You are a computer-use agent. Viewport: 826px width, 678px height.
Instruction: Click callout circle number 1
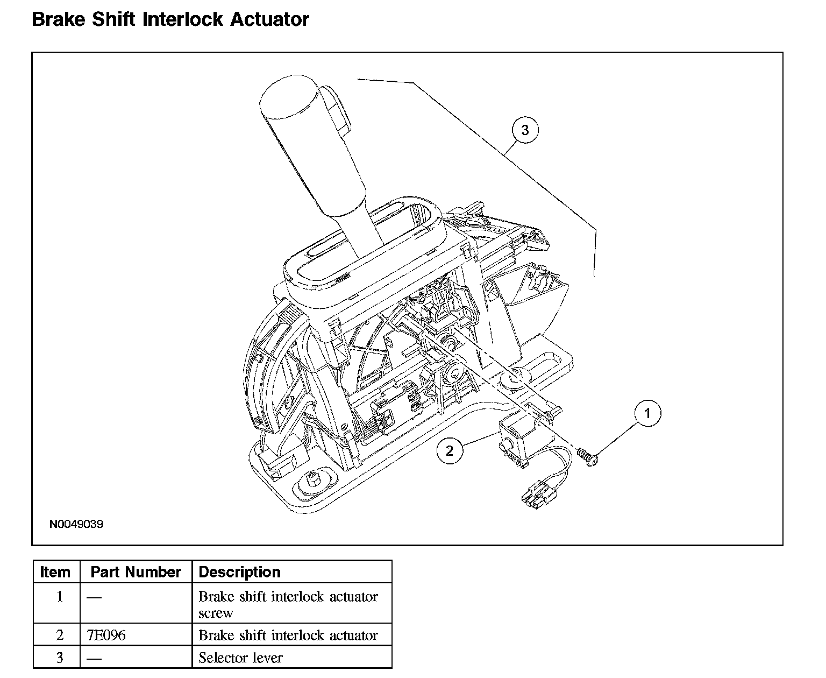click(647, 413)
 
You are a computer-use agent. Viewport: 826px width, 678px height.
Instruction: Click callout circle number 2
click(450, 450)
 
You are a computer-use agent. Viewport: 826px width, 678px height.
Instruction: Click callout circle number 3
click(525, 130)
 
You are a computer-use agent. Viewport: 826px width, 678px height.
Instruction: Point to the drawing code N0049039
click(76, 524)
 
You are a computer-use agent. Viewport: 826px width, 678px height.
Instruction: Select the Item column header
click(55, 572)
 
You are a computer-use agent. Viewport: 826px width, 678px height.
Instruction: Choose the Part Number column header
click(136, 572)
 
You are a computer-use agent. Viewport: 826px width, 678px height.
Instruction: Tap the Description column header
click(240, 572)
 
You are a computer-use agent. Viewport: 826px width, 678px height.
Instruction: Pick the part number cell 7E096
click(106, 635)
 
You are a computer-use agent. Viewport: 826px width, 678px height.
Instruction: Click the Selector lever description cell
click(240, 657)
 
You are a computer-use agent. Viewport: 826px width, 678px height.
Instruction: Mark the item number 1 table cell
click(60, 596)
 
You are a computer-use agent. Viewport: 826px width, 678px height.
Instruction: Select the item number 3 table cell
click(60, 657)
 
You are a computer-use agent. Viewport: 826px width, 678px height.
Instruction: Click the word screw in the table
click(216, 613)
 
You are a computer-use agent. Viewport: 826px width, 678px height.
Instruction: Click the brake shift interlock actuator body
click(514, 436)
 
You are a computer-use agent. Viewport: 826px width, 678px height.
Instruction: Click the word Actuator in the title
click(269, 19)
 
